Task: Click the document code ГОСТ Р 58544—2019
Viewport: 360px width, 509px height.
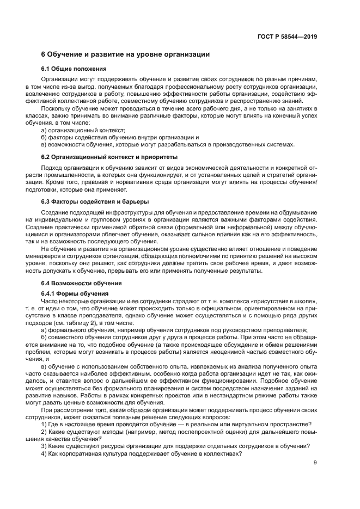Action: click(x=287, y=37)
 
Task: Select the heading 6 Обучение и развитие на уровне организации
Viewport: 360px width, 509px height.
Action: click(x=125, y=54)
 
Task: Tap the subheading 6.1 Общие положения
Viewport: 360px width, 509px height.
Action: click(x=74, y=69)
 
